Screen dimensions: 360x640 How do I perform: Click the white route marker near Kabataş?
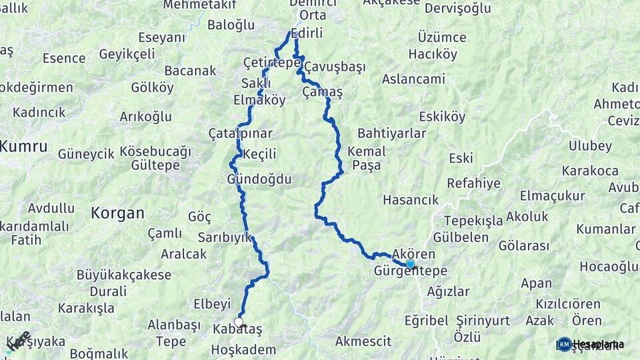click(x=239, y=322)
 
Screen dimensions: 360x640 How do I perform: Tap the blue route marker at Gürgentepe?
click(x=410, y=263)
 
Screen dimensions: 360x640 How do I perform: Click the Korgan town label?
click(x=117, y=213)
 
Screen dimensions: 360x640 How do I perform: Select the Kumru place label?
click(x=23, y=146)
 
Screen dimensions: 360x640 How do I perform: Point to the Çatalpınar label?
click(x=241, y=133)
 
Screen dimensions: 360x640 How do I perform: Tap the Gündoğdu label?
click(x=259, y=179)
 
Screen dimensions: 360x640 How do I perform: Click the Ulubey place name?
click(x=590, y=146)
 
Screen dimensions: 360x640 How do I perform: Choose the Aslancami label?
click(x=413, y=79)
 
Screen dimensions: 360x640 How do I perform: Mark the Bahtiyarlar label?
click(x=391, y=133)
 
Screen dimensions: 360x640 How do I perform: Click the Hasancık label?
click(x=411, y=199)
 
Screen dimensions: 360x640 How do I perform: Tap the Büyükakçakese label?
click(x=124, y=275)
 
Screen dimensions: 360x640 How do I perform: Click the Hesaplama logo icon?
click(x=564, y=344)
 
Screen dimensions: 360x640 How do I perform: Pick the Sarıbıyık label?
click(x=224, y=237)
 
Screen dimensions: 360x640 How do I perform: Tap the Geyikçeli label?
click(x=131, y=55)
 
